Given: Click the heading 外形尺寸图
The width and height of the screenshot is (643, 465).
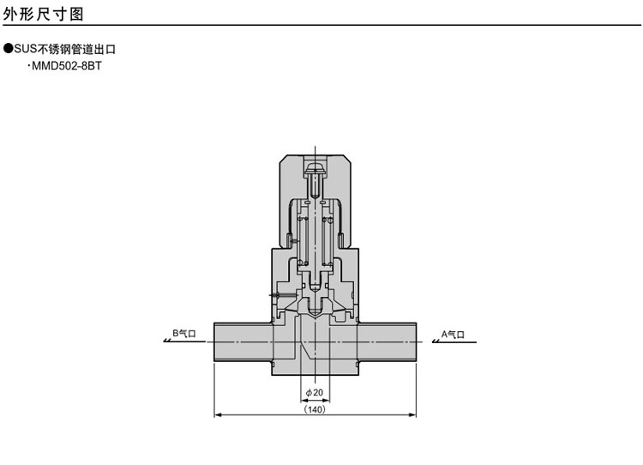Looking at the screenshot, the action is [x=44, y=14].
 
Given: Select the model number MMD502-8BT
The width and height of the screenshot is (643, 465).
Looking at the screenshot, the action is [x=67, y=66].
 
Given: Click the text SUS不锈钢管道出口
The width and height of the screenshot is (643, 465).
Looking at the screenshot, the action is [x=65, y=49].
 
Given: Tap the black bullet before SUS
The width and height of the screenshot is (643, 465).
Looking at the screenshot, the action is [x=9, y=49].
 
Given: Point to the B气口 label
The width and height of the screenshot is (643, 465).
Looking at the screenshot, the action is [x=184, y=333].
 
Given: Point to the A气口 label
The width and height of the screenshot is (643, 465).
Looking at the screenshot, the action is [x=453, y=334].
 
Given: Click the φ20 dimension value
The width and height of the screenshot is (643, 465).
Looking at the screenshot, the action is [x=315, y=392].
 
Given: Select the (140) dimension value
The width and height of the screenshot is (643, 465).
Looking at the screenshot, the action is [x=315, y=409].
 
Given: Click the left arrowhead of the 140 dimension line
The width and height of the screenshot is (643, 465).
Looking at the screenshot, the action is [x=218, y=415].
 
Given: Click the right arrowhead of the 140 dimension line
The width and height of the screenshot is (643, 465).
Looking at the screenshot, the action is [x=412, y=415].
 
